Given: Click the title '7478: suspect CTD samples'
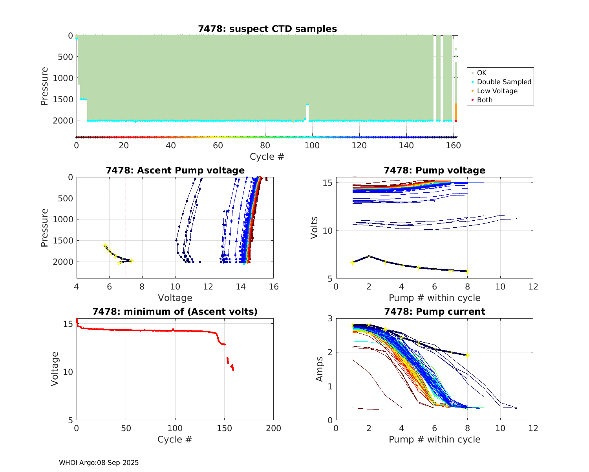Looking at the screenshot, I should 267,29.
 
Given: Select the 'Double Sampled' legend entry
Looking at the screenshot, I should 504,82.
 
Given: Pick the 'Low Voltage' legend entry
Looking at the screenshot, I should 497,91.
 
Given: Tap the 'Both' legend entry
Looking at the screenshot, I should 485,100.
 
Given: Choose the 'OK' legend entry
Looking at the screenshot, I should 481,73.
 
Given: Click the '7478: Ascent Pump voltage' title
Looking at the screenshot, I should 175,170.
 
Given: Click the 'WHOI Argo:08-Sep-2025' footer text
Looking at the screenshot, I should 99,463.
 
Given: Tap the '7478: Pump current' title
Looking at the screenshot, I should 434,312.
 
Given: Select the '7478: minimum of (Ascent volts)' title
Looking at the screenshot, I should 175,312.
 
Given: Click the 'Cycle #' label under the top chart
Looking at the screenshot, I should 267,157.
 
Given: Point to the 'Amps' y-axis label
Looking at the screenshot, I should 320,369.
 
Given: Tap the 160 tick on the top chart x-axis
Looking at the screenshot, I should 454,146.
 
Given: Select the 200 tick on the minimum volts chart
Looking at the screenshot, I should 273,428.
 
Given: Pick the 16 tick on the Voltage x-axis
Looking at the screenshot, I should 273,287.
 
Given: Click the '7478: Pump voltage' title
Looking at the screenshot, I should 434,170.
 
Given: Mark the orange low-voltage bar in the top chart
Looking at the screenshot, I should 455,112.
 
